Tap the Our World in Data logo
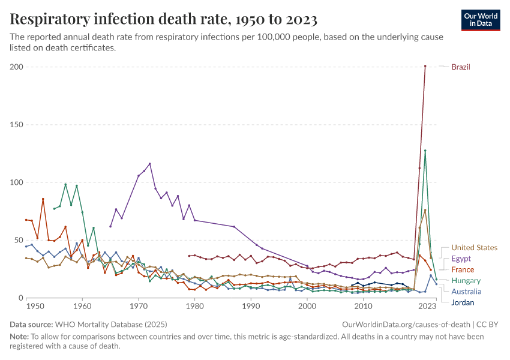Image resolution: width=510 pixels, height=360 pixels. (481, 20)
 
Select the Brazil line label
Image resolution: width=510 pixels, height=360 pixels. (461, 67)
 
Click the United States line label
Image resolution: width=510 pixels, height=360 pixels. (474, 248)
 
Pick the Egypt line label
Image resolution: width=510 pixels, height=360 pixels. (461, 259)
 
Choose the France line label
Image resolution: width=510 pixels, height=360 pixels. (463, 270)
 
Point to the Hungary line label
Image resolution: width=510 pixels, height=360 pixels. (466, 281)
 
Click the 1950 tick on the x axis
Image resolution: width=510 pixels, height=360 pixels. (35, 307)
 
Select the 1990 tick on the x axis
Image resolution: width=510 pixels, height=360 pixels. (251, 307)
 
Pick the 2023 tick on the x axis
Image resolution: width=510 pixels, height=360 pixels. (427, 307)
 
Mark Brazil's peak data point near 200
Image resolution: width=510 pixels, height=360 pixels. (425, 66)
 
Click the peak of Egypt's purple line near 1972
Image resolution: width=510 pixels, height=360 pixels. (149, 164)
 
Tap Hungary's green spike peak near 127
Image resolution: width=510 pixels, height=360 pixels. (425, 151)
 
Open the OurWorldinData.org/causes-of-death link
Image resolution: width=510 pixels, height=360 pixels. (406, 325)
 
